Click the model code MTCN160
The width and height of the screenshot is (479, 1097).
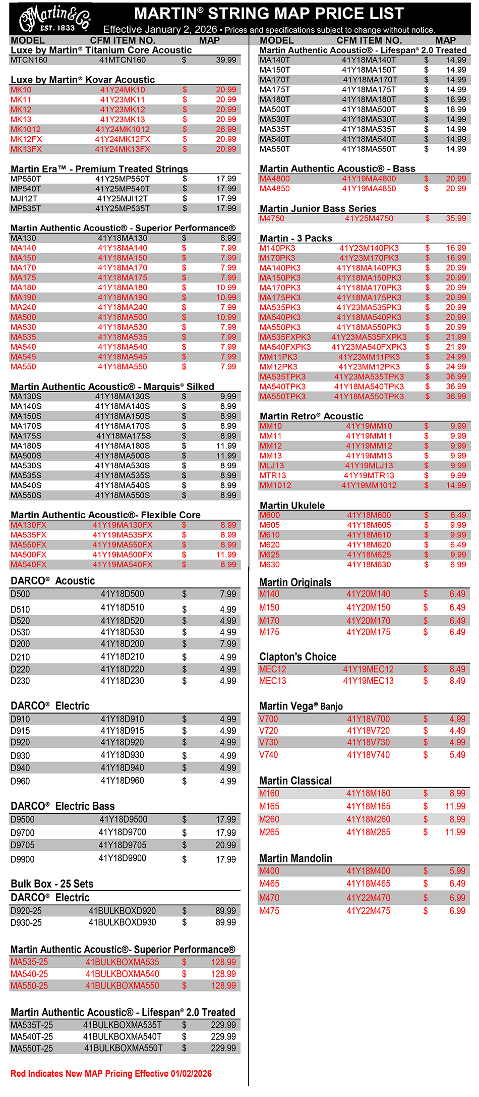29,60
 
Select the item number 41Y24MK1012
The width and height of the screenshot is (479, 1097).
123,130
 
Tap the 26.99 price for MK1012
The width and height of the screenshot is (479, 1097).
226,130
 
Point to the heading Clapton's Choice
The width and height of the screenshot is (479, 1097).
297,657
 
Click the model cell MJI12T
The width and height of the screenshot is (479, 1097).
24,199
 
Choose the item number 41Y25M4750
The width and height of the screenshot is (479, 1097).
369,218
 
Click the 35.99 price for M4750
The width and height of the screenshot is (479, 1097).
456,218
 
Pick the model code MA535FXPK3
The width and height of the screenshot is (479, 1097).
285,337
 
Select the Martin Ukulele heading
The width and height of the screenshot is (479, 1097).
292,506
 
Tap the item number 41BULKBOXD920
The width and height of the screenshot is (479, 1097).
123,911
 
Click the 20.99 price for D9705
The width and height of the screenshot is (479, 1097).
225,845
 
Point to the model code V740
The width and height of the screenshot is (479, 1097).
269,755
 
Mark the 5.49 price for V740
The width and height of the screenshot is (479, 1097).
457,755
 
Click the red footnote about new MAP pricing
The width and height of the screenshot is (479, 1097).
111,1074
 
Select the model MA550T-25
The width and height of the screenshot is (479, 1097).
32,1048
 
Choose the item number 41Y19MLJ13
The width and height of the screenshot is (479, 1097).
369,466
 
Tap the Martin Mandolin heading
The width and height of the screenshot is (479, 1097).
295,858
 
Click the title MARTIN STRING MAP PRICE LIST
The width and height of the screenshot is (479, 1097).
269,14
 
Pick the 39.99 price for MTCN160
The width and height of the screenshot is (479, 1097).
226,60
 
